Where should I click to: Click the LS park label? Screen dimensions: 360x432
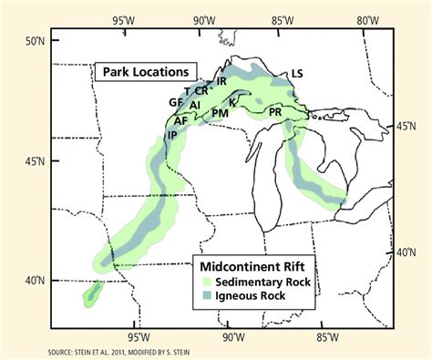(296, 74)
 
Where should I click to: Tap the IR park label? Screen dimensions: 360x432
(221, 80)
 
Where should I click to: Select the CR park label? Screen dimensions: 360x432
(201, 90)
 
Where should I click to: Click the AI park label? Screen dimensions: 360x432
(195, 106)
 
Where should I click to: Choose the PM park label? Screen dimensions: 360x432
(220, 112)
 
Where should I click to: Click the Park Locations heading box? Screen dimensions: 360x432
(145, 71)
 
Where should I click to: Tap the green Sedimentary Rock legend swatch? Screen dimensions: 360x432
(209, 283)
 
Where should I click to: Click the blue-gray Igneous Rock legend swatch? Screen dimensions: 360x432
(209, 297)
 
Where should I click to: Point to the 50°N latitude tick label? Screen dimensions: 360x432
(34, 42)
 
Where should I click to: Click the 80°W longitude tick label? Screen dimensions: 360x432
(367, 19)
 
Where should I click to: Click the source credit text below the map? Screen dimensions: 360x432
(108, 351)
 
